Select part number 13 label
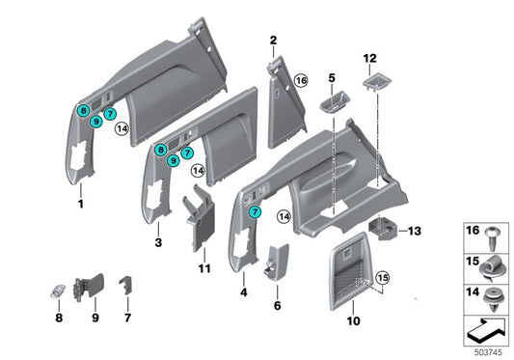pyautogui.click(x=416, y=231)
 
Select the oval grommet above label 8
pyautogui.click(x=58, y=291)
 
